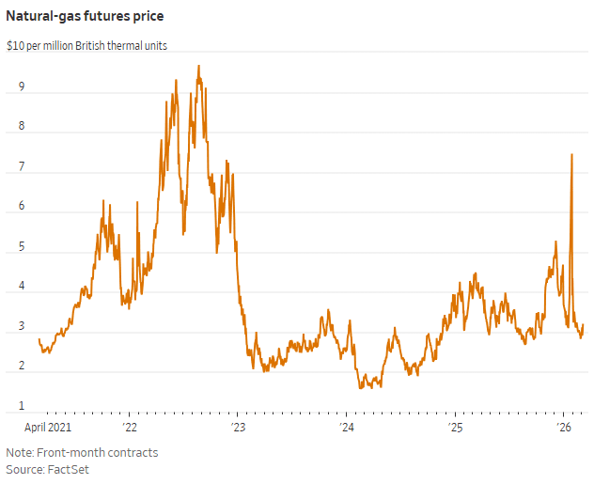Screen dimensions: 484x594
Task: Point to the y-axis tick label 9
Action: click(22, 87)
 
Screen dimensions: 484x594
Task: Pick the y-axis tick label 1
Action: click(22, 406)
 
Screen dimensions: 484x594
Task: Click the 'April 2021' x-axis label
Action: click(48, 428)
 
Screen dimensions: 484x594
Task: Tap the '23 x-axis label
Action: click(238, 428)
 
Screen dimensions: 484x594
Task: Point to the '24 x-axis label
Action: click(346, 428)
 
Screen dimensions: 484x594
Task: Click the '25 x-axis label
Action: click(455, 428)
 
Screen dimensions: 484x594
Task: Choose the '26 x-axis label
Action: click(564, 428)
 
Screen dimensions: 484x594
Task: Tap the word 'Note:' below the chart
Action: click(20, 452)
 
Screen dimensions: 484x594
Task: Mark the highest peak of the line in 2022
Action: click(198, 66)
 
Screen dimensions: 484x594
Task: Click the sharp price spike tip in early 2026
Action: click(571, 154)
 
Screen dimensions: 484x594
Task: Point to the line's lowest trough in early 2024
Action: click(362, 387)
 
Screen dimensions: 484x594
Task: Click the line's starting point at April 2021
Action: click(39, 339)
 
